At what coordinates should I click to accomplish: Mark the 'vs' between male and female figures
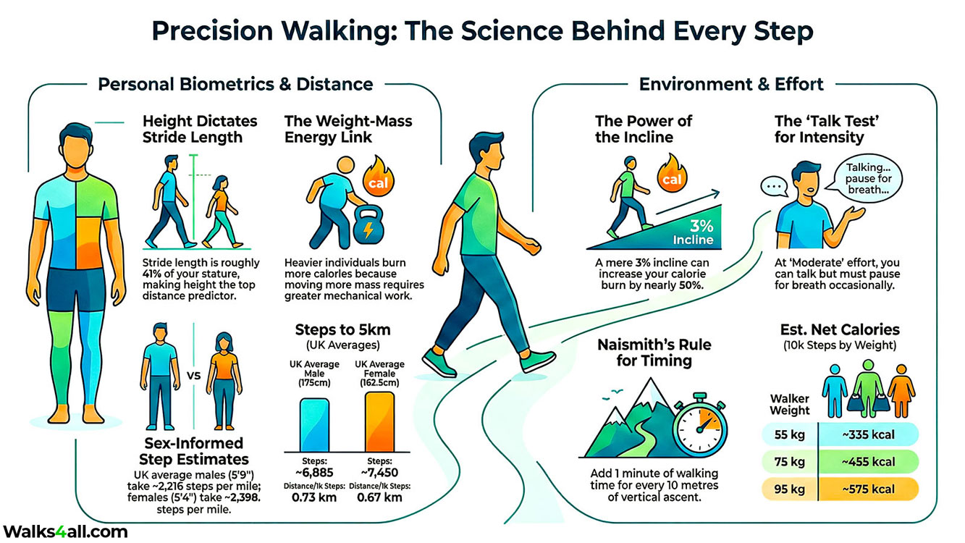pos(193,376)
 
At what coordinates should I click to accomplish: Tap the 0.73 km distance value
pos(313,497)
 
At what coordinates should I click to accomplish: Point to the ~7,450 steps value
pos(380,472)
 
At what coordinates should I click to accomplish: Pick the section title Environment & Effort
pos(731,84)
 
